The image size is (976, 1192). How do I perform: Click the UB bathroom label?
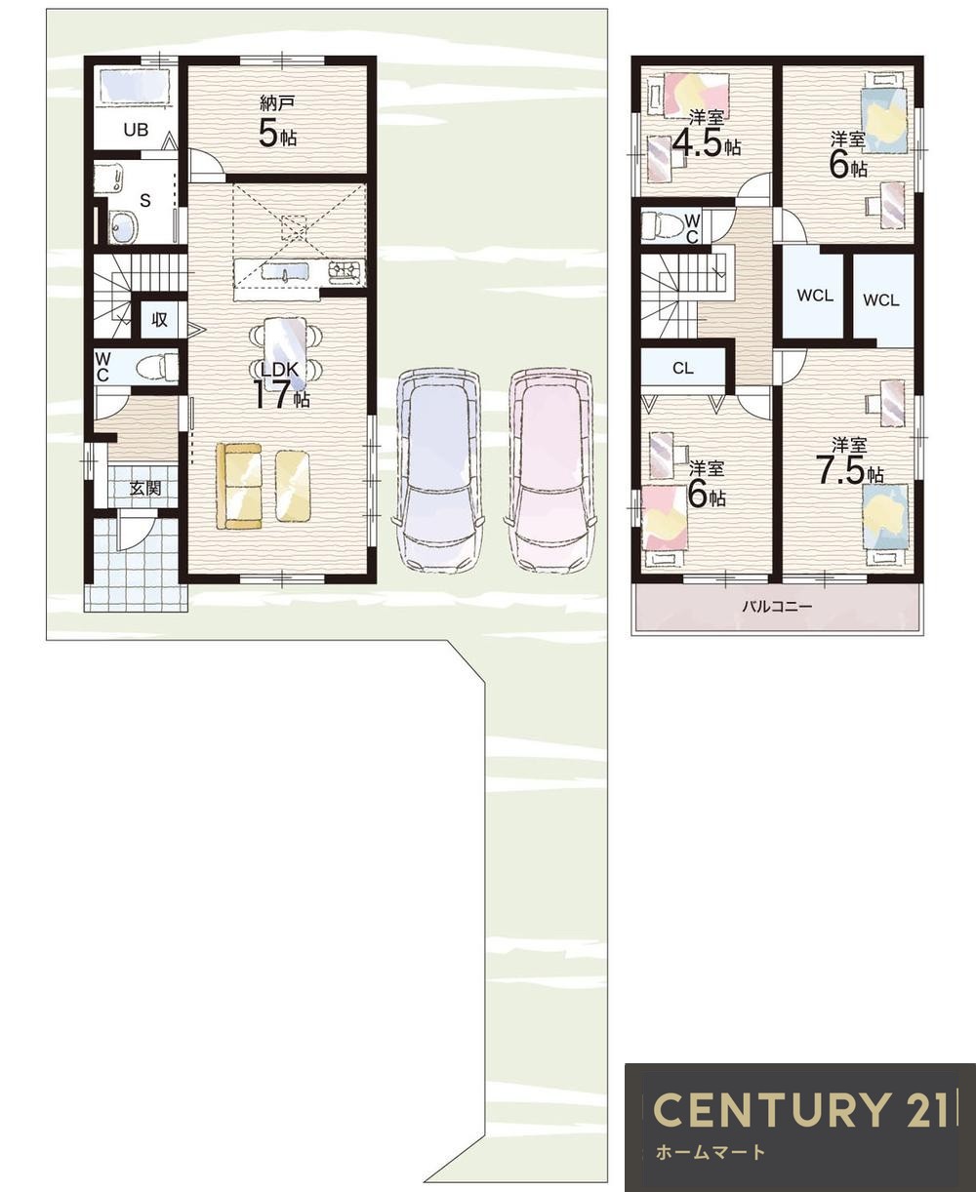point(136,130)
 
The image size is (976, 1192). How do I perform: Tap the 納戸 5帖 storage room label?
point(277,123)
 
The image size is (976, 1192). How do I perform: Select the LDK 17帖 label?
point(280,385)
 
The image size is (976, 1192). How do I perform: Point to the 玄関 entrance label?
point(145,488)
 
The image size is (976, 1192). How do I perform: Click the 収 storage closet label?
point(159,320)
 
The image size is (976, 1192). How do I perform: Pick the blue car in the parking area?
point(440,471)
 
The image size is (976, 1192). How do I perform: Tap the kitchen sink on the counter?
point(284,272)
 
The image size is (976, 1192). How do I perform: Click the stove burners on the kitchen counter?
point(345,272)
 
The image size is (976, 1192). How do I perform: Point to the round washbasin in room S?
point(122,227)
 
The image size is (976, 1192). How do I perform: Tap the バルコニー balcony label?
point(777,607)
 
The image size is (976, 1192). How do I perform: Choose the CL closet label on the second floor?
point(683,369)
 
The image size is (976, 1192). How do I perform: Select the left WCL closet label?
point(815,295)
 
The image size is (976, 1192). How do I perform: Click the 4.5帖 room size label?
point(707,144)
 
